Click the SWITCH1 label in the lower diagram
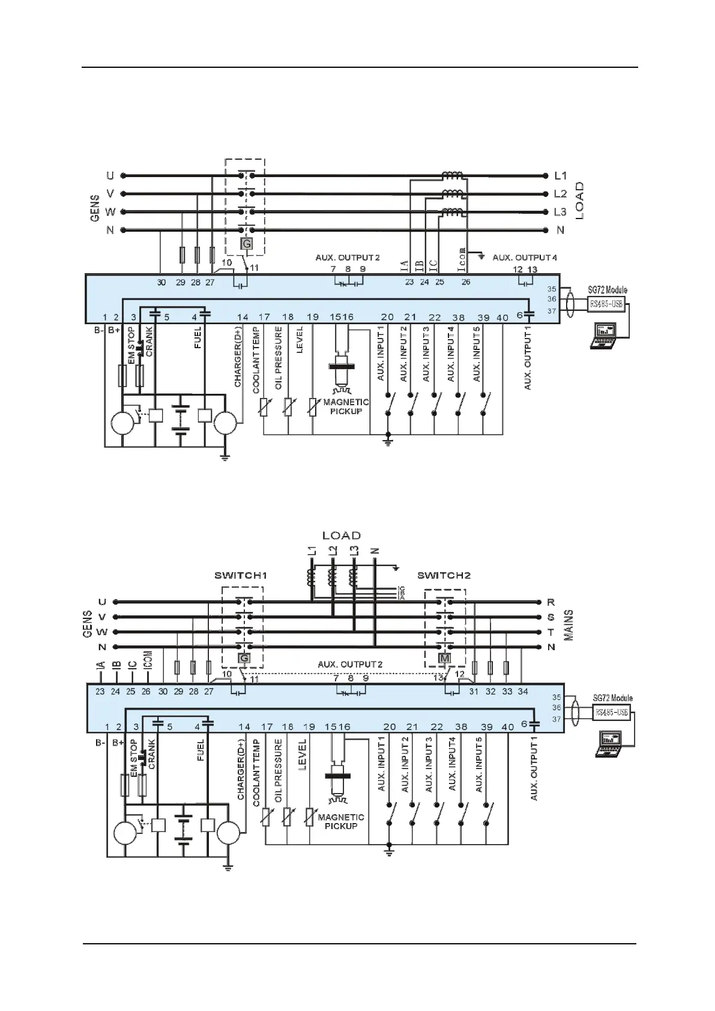coord(240,575)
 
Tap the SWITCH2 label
coord(444,575)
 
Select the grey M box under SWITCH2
coord(445,659)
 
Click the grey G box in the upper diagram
coord(246,244)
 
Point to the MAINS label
coord(569,625)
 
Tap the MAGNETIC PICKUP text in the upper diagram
coord(346,406)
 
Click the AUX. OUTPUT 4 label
coord(525,258)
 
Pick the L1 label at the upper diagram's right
coord(560,176)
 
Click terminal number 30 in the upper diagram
coord(161,282)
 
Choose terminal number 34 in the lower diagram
coord(523,692)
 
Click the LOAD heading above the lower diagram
coord(342,536)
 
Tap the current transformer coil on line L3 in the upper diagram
coord(453,211)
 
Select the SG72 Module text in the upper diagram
coord(608,290)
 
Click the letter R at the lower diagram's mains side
coord(551,602)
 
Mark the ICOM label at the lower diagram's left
coord(148,661)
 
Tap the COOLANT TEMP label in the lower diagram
coord(256,773)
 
